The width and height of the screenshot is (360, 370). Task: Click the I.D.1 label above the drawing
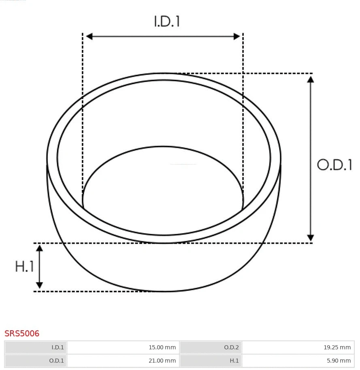point(167,21)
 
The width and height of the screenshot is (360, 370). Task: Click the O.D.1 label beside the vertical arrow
point(334,165)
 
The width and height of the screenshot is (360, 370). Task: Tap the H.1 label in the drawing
point(24,267)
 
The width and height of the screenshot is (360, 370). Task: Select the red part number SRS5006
point(22,334)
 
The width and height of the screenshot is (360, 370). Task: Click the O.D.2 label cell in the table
point(211,347)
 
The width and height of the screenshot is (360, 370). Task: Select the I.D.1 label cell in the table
point(36,347)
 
